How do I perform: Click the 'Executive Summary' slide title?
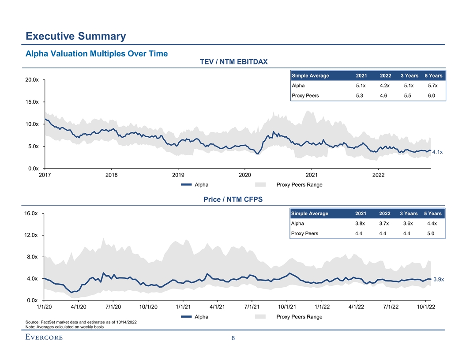76,36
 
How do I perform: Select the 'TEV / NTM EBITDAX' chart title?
234,61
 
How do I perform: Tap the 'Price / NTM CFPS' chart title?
233,199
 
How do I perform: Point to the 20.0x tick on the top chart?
32,80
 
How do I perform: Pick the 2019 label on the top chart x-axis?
178,175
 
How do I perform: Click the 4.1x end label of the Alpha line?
437,152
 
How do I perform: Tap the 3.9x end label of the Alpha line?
438,279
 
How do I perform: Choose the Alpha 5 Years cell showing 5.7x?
432,86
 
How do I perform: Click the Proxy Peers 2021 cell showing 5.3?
360,95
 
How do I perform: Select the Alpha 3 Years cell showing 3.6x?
408,223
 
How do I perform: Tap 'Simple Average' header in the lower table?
310,214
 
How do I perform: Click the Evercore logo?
44,337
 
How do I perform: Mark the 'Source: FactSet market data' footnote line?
81,322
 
